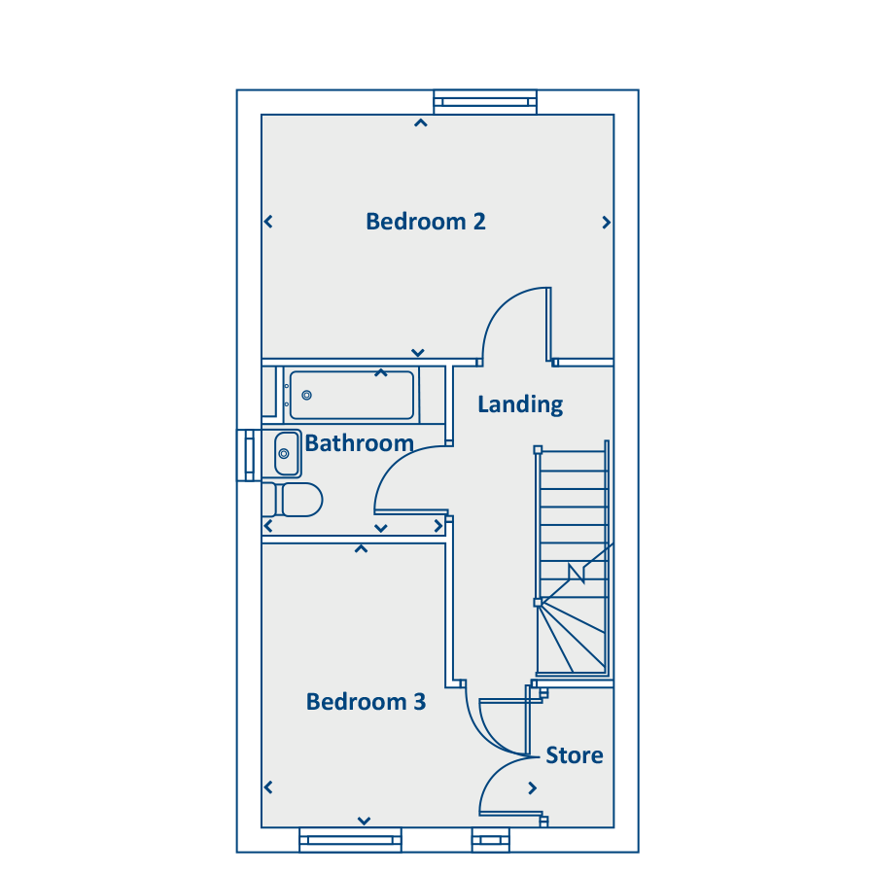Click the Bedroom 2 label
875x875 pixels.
(x=425, y=222)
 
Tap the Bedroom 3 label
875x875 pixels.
(x=367, y=701)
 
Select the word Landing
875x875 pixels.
(x=520, y=404)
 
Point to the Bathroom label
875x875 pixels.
(x=360, y=443)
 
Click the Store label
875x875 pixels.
(x=575, y=755)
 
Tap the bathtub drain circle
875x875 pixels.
(x=306, y=395)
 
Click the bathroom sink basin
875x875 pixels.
(x=286, y=454)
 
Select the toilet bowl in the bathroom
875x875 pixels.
(x=302, y=500)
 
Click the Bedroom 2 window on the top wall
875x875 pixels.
(x=485, y=102)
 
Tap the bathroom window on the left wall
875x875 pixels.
(x=249, y=455)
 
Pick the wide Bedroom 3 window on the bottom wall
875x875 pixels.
(x=350, y=840)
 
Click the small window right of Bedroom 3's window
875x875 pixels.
(x=491, y=840)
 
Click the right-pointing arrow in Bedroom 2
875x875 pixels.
(x=606, y=223)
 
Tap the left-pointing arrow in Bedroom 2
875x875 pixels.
(x=268, y=222)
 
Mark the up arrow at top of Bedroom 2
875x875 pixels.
(x=421, y=122)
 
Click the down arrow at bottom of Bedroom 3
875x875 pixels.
(x=364, y=821)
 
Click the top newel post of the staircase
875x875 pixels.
(x=538, y=450)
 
